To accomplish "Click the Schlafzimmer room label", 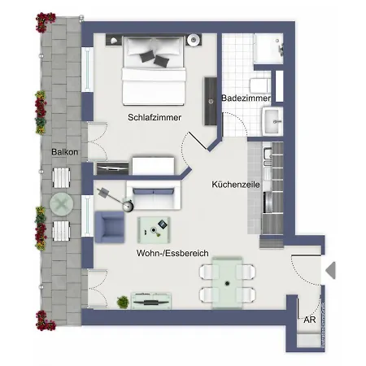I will coord(154,117).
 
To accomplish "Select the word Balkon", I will coord(64,152).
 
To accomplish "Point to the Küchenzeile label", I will coord(235,185).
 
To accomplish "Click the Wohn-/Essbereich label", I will coord(172,254).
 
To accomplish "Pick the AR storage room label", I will coord(309,320).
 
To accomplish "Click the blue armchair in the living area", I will coord(110,227).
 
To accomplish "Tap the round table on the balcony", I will coord(62,203).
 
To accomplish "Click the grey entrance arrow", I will coord(329,270).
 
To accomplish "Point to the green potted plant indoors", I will coord(123,302).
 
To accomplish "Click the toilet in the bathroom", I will coord(259,85).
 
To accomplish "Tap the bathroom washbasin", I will coord(272,120).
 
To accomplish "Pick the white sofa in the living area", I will coord(152,198).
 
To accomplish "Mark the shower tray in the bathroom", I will coord(265,47).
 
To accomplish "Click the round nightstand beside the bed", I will coord(194,41).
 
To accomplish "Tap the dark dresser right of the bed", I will coord(211,100).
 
